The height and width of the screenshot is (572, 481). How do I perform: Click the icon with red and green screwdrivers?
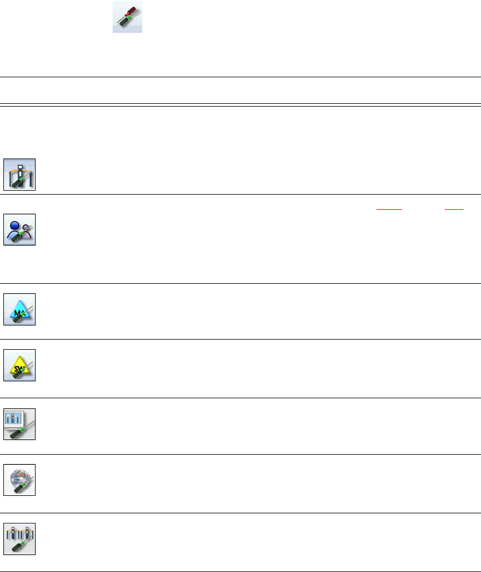pos(127,17)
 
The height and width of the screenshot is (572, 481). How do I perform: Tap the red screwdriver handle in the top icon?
pos(133,9)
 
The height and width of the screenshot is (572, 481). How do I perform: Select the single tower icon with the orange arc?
pos(20,174)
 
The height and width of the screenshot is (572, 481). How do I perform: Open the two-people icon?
pos(20,230)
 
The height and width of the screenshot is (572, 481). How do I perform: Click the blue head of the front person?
pos(15,223)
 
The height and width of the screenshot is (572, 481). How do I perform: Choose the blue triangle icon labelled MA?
pos(20,309)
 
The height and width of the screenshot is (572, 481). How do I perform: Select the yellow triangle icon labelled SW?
pos(20,365)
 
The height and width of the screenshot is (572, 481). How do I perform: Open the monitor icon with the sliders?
pos(20,424)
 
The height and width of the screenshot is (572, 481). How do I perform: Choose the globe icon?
pos(20,479)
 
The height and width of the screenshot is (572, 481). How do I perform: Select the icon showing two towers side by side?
pos(20,539)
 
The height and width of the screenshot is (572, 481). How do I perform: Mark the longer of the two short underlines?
pos(389,209)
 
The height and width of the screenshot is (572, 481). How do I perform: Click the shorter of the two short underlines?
pos(453,209)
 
